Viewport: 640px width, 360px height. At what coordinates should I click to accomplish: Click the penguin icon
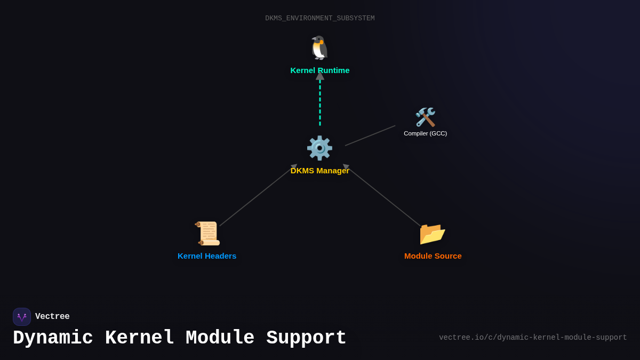pyautogui.click(x=319, y=48)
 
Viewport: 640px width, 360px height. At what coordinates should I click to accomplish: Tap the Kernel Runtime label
pyautogui.click(x=319, y=70)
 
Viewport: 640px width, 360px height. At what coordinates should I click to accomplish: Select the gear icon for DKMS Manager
pyautogui.click(x=319, y=148)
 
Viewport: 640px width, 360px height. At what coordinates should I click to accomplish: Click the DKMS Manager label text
pyautogui.click(x=319, y=171)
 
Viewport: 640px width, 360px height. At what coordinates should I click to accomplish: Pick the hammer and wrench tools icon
pyautogui.click(x=425, y=117)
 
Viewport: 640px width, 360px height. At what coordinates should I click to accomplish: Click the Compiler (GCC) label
pyautogui.click(x=425, y=133)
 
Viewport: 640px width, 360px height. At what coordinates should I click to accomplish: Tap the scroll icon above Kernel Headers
pyautogui.click(x=207, y=233)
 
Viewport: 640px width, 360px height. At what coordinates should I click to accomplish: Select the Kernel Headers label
pyautogui.click(x=207, y=256)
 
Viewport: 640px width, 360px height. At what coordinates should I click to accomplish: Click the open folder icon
pyautogui.click(x=432, y=233)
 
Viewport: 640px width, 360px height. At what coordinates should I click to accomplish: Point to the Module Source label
pyautogui.click(x=433, y=256)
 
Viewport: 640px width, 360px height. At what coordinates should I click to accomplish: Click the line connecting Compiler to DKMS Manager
pyautogui.click(x=370, y=135)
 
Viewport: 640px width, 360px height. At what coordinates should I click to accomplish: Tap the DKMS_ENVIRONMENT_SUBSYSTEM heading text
pyautogui.click(x=320, y=19)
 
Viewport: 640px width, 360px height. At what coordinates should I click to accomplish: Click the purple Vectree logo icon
pyautogui.click(x=22, y=317)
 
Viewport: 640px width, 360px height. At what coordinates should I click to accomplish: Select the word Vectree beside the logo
pyautogui.click(x=52, y=317)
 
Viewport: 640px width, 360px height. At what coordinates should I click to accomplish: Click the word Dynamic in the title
pyautogui.click(x=53, y=338)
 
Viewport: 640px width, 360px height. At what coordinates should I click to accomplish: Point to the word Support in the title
pyautogui.click(x=306, y=338)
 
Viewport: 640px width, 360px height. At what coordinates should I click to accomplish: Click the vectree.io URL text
pyautogui.click(x=533, y=338)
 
